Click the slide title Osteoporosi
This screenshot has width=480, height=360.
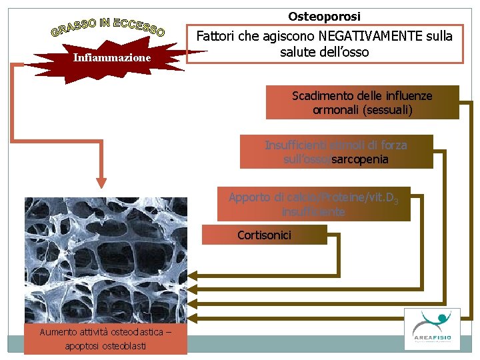coord(324,16)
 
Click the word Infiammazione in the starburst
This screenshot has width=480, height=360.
coord(112,58)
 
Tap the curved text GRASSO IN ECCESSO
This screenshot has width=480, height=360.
coord(108,26)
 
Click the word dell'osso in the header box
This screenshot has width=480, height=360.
coord(343,52)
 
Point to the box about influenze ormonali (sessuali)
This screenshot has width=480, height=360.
coord(362,103)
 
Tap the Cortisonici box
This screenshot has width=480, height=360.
coord(265,235)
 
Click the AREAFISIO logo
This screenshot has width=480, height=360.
coord(431,328)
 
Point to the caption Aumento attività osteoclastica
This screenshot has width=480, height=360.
coord(105,332)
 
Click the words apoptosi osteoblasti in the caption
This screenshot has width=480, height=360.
coord(105,345)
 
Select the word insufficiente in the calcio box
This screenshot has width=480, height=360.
coord(313,212)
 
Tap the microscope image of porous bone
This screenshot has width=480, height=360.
coord(105,260)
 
